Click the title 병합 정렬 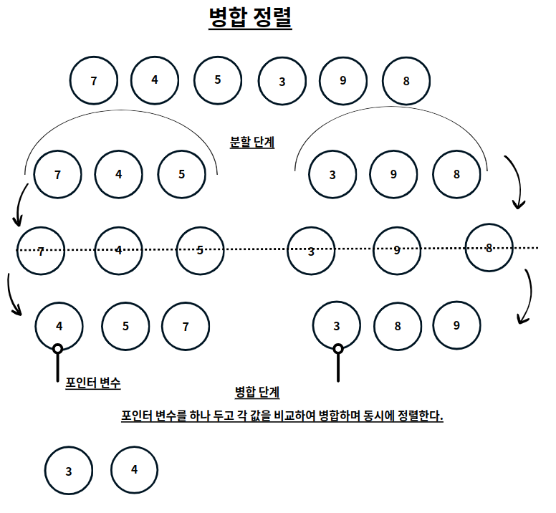click(x=249, y=19)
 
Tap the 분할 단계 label click(x=251, y=142)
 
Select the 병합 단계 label click(x=257, y=392)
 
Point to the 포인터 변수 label click(x=92, y=383)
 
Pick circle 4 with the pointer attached click(x=59, y=326)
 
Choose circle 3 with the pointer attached click(x=337, y=326)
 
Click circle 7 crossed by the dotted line click(x=41, y=251)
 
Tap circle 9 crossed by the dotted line click(x=397, y=250)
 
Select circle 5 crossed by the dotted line click(x=200, y=250)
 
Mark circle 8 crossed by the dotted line click(x=489, y=248)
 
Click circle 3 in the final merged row click(x=68, y=471)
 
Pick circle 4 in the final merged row click(x=134, y=469)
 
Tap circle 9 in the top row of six click(x=343, y=80)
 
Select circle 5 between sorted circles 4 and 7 click(x=125, y=326)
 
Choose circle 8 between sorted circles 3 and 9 click(x=397, y=326)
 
